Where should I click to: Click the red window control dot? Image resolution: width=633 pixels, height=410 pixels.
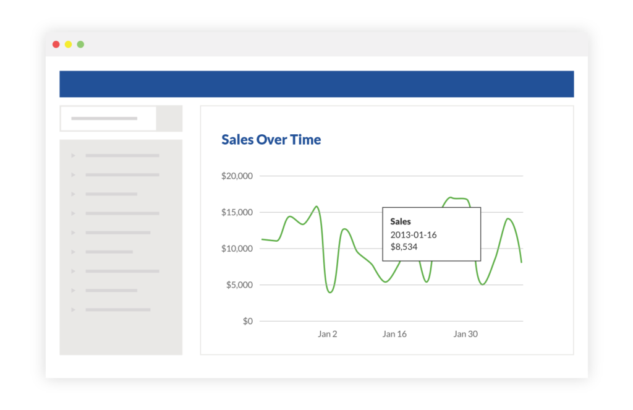click(56, 45)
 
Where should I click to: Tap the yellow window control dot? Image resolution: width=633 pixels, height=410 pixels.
click(68, 45)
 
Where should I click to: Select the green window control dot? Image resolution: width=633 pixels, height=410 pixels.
click(80, 45)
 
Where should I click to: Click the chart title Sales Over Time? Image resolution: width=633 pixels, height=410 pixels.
click(271, 140)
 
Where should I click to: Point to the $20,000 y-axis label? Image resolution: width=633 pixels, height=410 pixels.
click(237, 176)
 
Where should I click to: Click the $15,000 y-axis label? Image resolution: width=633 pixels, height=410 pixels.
click(237, 213)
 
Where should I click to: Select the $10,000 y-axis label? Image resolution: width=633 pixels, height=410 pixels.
click(237, 249)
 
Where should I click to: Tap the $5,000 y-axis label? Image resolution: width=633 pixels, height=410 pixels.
click(239, 285)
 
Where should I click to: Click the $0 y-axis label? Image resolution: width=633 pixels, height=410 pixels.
click(247, 322)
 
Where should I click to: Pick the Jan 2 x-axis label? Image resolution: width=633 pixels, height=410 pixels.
click(328, 334)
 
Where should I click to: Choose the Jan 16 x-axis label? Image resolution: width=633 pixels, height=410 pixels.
click(394, 334)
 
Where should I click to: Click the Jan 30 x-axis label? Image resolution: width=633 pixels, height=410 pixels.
click(465, 334)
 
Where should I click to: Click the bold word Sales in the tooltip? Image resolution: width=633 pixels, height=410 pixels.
click(401, 221)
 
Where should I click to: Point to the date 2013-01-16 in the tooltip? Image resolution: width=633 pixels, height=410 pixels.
click(414, 234)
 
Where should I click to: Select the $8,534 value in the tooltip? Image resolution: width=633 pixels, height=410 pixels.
click(404, 247)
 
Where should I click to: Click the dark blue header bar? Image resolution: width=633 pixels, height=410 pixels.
click(316, 84)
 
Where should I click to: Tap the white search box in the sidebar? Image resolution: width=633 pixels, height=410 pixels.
click(108, 118)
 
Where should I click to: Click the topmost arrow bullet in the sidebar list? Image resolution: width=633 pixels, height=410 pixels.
click(74, 156)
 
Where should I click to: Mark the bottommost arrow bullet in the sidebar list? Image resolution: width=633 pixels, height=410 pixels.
click(74, 309)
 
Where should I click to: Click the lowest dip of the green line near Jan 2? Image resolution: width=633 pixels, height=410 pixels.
click(330, 292)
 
